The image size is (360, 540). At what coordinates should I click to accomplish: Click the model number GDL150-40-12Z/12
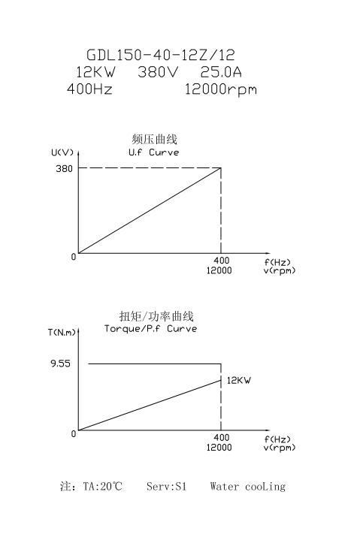[x=161, y=55]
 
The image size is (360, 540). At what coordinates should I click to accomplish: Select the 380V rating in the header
[x=158, y=72]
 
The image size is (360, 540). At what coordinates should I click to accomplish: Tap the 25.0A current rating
[x=221, y=72]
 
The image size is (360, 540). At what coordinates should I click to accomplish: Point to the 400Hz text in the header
[x=89, y=89]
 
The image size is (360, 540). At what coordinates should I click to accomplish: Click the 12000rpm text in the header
[x=221, y=89]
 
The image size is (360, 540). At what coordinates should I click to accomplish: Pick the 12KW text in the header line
[x=95, y=72]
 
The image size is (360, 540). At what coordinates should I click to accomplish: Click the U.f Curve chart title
[x=153, y=152]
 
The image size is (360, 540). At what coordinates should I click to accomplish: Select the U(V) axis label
[x=62, y=152]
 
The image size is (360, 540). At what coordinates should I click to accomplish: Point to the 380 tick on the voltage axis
[x=65, y=168]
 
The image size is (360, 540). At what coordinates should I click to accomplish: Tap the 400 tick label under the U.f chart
[x=221, y=261]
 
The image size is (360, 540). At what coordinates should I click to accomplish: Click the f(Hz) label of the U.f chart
[x=277, y=263]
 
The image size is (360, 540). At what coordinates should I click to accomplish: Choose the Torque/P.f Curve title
[x=150, y=328]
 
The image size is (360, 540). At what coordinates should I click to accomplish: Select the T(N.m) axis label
[x=62, y=332]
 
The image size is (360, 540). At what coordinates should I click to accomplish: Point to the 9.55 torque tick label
[x=60, y=364]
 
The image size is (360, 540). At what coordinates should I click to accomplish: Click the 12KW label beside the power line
[x=239, y=380]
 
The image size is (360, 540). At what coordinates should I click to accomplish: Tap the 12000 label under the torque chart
[x=219, y=448]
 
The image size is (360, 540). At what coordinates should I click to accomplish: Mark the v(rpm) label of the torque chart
[x=280, y=448]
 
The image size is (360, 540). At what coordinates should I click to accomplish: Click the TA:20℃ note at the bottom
[x=103, y=486]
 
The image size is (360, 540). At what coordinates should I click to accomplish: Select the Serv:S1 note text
[x=166, y=486]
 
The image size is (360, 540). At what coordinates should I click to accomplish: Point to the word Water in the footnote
[x=224, y=486]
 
